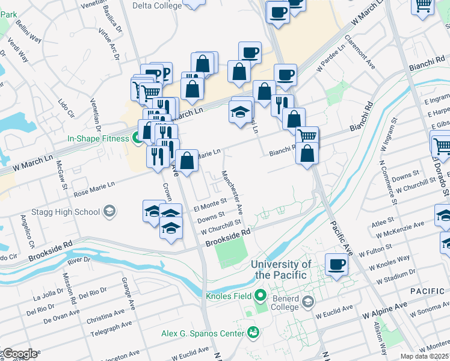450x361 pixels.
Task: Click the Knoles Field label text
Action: pos(226,296)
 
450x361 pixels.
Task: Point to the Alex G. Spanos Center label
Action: pos(202,333)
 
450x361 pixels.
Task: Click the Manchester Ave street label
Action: pos(232,192)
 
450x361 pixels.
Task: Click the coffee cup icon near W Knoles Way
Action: pos(336,264)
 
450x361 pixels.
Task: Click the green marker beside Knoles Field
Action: pos(260,295)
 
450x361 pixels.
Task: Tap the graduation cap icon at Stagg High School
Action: pos(109,211)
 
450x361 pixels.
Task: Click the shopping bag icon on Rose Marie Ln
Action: pos(188,161)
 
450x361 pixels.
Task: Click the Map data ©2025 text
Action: pos(425,356)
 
